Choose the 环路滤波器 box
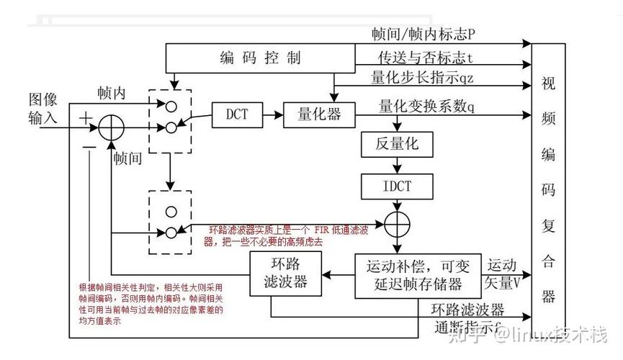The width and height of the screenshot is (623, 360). (x=284, y=274)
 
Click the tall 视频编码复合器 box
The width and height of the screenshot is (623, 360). (x=548, y=187)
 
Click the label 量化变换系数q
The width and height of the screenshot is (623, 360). (x=426, y=107)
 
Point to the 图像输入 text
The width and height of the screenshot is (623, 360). (x=42, y=108)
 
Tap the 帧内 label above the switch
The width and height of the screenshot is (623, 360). (x=112, y=94)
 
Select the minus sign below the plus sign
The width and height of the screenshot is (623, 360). (x=88, y=146)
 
